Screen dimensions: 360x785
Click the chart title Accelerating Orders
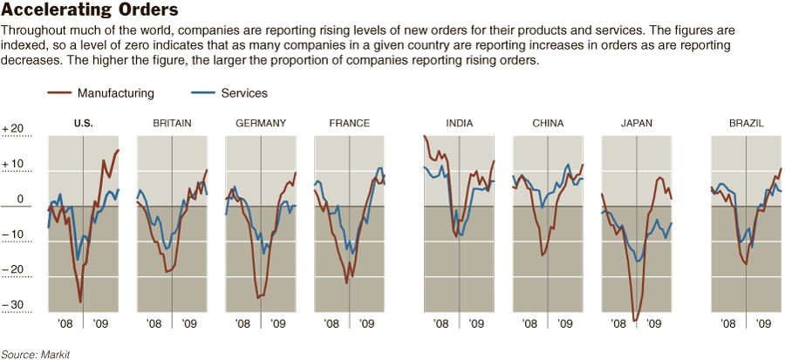point(91,11)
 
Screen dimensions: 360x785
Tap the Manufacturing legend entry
point(115,93)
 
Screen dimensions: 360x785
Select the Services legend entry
point(244,93)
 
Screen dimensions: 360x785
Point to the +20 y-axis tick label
point(13,129)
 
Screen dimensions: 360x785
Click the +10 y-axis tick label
point(13,165)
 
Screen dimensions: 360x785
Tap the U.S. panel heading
point(84,124)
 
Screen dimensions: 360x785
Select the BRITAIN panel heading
point(172,124)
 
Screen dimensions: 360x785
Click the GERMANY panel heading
point(261,124)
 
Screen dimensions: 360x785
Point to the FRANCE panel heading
point(349,124)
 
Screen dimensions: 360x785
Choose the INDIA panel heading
point(459,124)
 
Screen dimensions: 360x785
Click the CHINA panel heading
point(548,124)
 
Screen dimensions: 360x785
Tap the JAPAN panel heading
point(636,124)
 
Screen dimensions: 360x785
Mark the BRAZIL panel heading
point(747,124)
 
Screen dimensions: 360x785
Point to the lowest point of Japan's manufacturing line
point(636,321)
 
